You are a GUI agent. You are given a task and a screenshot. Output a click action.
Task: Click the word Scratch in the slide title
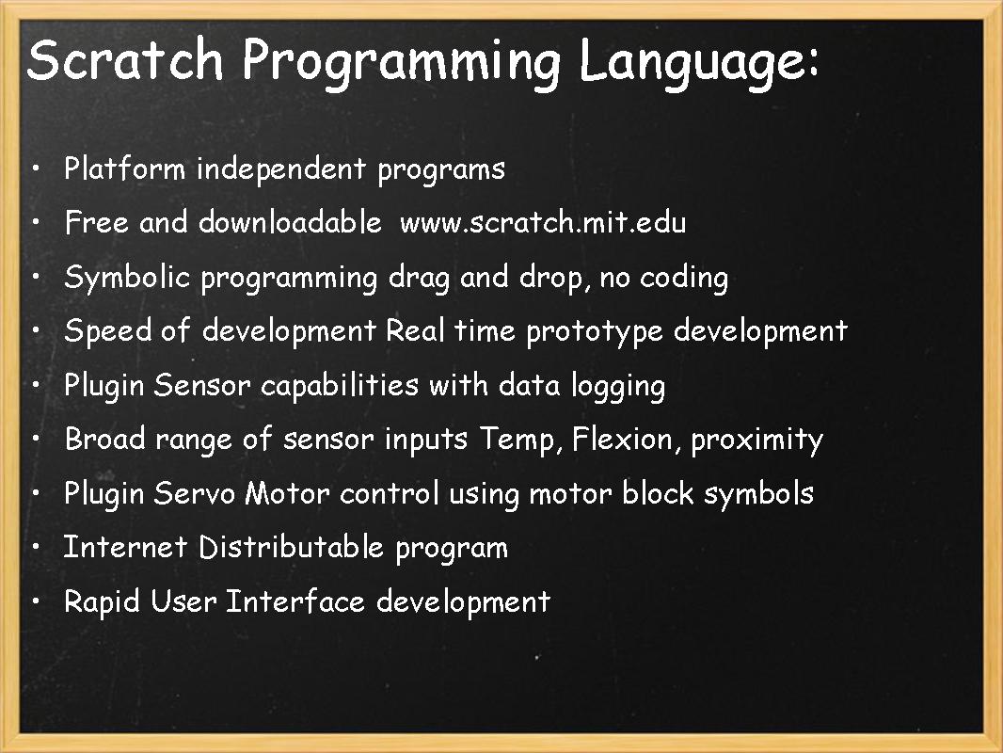pyautogui.click(x=125, y=61)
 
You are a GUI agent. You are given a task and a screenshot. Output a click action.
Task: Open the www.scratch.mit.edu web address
pyautogui.click(x=543, y=223)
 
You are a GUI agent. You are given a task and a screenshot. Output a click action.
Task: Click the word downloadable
pyautogui.click(x=290, y=223)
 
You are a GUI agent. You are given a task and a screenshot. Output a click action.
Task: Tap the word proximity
pyautogui.click(x=756, y=441)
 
